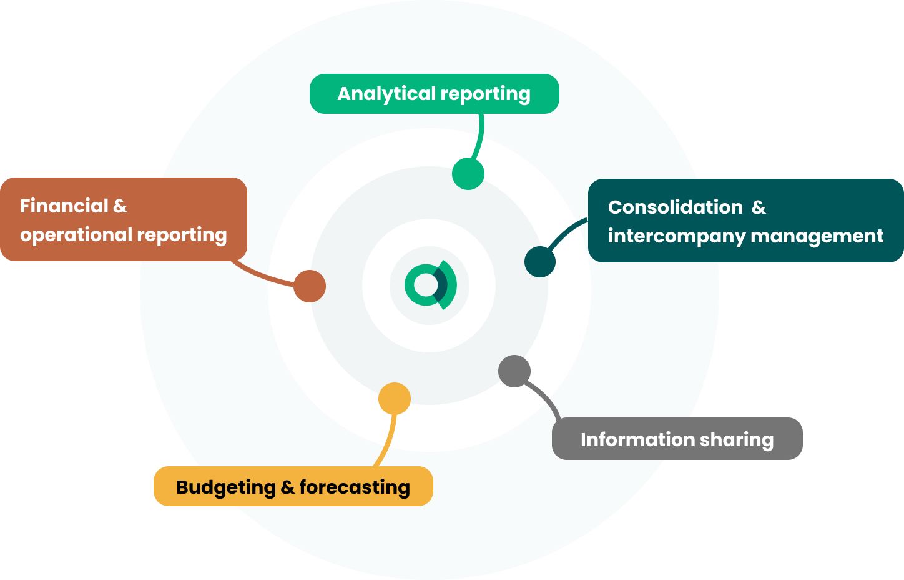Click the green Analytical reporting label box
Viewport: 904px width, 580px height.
434,94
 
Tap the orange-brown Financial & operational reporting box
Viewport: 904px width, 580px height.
123,219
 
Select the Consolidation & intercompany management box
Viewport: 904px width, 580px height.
745,221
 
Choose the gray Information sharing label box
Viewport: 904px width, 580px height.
677,439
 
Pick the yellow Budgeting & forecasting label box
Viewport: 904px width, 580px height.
293,486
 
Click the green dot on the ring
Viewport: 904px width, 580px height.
468,173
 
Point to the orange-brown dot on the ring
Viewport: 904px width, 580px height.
310,286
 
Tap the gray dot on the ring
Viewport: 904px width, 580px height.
514,371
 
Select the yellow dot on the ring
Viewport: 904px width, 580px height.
395,398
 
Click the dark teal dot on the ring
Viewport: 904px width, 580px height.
540,262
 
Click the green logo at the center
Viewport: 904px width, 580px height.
430,285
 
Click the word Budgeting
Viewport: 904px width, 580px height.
226,487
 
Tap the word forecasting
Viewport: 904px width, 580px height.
355,487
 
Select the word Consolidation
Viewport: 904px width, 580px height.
676,207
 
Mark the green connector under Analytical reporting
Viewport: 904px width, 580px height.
478,139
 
